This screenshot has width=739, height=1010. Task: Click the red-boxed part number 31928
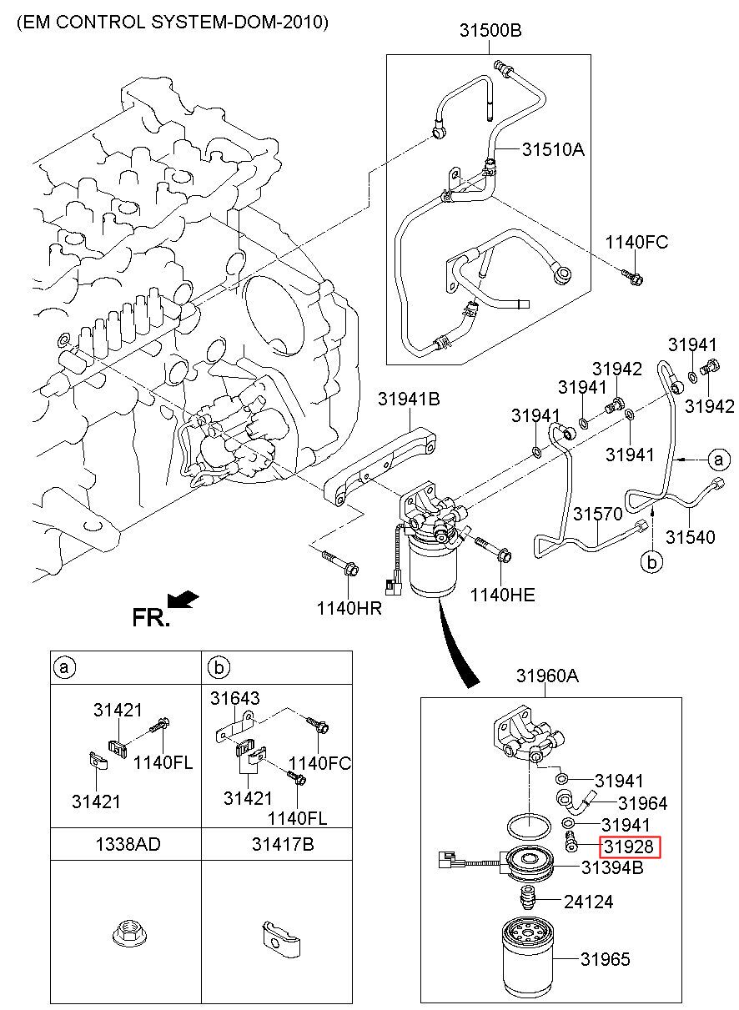click(629, 847)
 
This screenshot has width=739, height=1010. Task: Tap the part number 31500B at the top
click(490, 30)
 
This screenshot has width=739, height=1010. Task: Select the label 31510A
click(553, 149)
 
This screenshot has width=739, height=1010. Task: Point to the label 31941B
click(409, 399)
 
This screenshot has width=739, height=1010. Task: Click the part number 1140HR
click(349, 608)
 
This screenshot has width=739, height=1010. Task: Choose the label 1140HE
click(502, 595)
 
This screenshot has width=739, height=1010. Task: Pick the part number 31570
click(597, 514)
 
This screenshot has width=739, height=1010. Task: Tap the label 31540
click(691, 537)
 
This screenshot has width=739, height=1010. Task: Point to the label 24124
click(588, 902)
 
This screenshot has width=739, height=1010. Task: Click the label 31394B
click(612, 867)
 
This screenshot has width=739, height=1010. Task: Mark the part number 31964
click(642, 803)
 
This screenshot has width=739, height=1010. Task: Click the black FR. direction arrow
click(183, 599)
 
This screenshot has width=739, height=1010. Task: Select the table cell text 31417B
click(283, 845)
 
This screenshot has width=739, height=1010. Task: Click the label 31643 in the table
click(235, 698)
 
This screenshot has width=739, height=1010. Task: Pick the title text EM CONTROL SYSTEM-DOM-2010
click(173, 22)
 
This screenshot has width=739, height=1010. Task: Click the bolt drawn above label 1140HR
click(341, 562)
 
